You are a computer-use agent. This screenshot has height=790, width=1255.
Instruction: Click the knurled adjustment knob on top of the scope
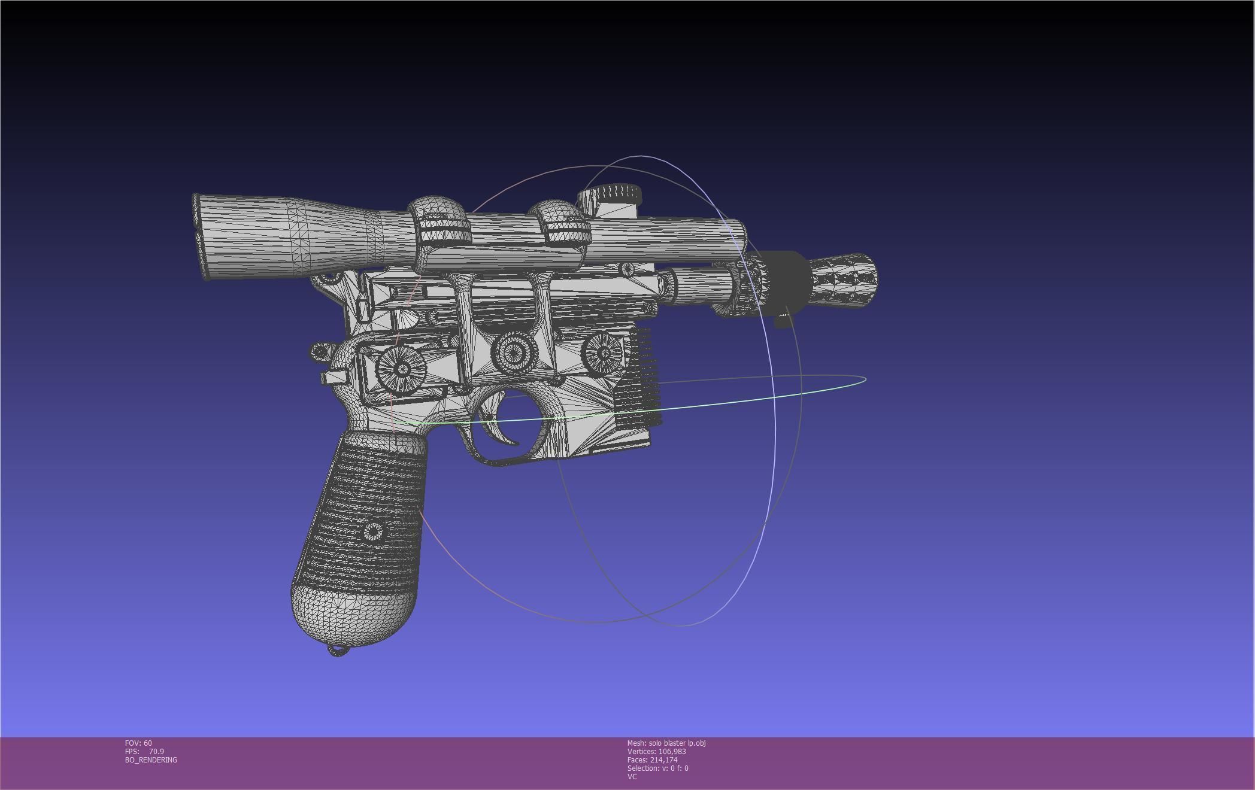click(610, 194)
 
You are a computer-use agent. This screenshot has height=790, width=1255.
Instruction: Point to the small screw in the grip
click(373, 531)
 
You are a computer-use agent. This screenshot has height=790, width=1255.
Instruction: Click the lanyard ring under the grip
click(338, 651)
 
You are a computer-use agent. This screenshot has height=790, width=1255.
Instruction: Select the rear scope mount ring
click(438, 227)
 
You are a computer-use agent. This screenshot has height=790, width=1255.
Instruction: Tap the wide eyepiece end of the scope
click(207, 236)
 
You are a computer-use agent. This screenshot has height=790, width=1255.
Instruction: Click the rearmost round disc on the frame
click(401, 367)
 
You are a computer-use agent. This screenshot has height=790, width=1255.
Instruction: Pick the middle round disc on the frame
click(514, 352)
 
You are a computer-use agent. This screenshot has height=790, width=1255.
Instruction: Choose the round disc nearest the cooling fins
click(604, 354)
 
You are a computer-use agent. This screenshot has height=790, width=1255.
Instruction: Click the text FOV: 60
click(138, 743)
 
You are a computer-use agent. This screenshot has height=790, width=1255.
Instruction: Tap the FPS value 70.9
click(156, 752)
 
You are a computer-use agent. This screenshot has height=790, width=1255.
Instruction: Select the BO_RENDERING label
click(151, 760)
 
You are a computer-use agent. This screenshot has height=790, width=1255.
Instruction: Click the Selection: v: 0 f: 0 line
click(657, 768)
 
